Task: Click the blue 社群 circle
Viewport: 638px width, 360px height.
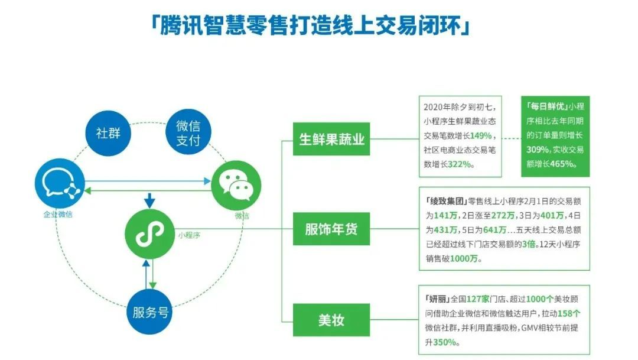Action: point(108,132)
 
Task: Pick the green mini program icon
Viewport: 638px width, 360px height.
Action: point(150,234)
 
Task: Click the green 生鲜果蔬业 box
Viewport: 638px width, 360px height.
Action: point(331,140)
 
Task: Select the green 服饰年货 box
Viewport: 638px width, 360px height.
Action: point(331,229)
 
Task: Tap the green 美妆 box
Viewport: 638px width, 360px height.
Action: point(331,320)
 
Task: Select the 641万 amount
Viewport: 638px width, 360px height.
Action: point(494,229)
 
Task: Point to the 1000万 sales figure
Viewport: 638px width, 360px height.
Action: point(466,258)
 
